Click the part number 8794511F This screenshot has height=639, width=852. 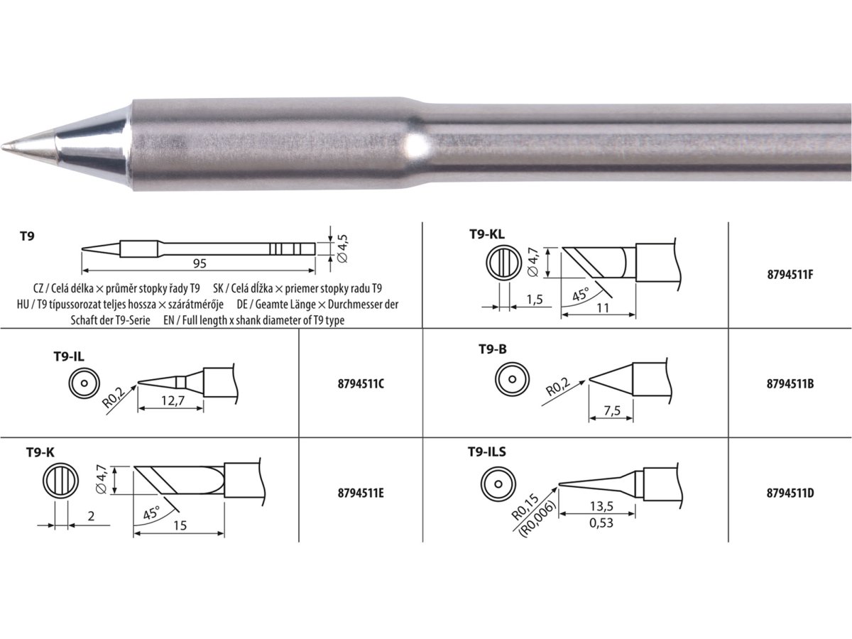pos(790,274)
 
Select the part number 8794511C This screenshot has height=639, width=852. pos(361,383)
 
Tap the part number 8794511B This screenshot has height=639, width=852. pos(790,383)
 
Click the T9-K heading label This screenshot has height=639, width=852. pos(41,452)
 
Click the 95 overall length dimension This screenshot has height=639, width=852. pos(200,263)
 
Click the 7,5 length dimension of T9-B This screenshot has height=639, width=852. pos(611,412)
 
